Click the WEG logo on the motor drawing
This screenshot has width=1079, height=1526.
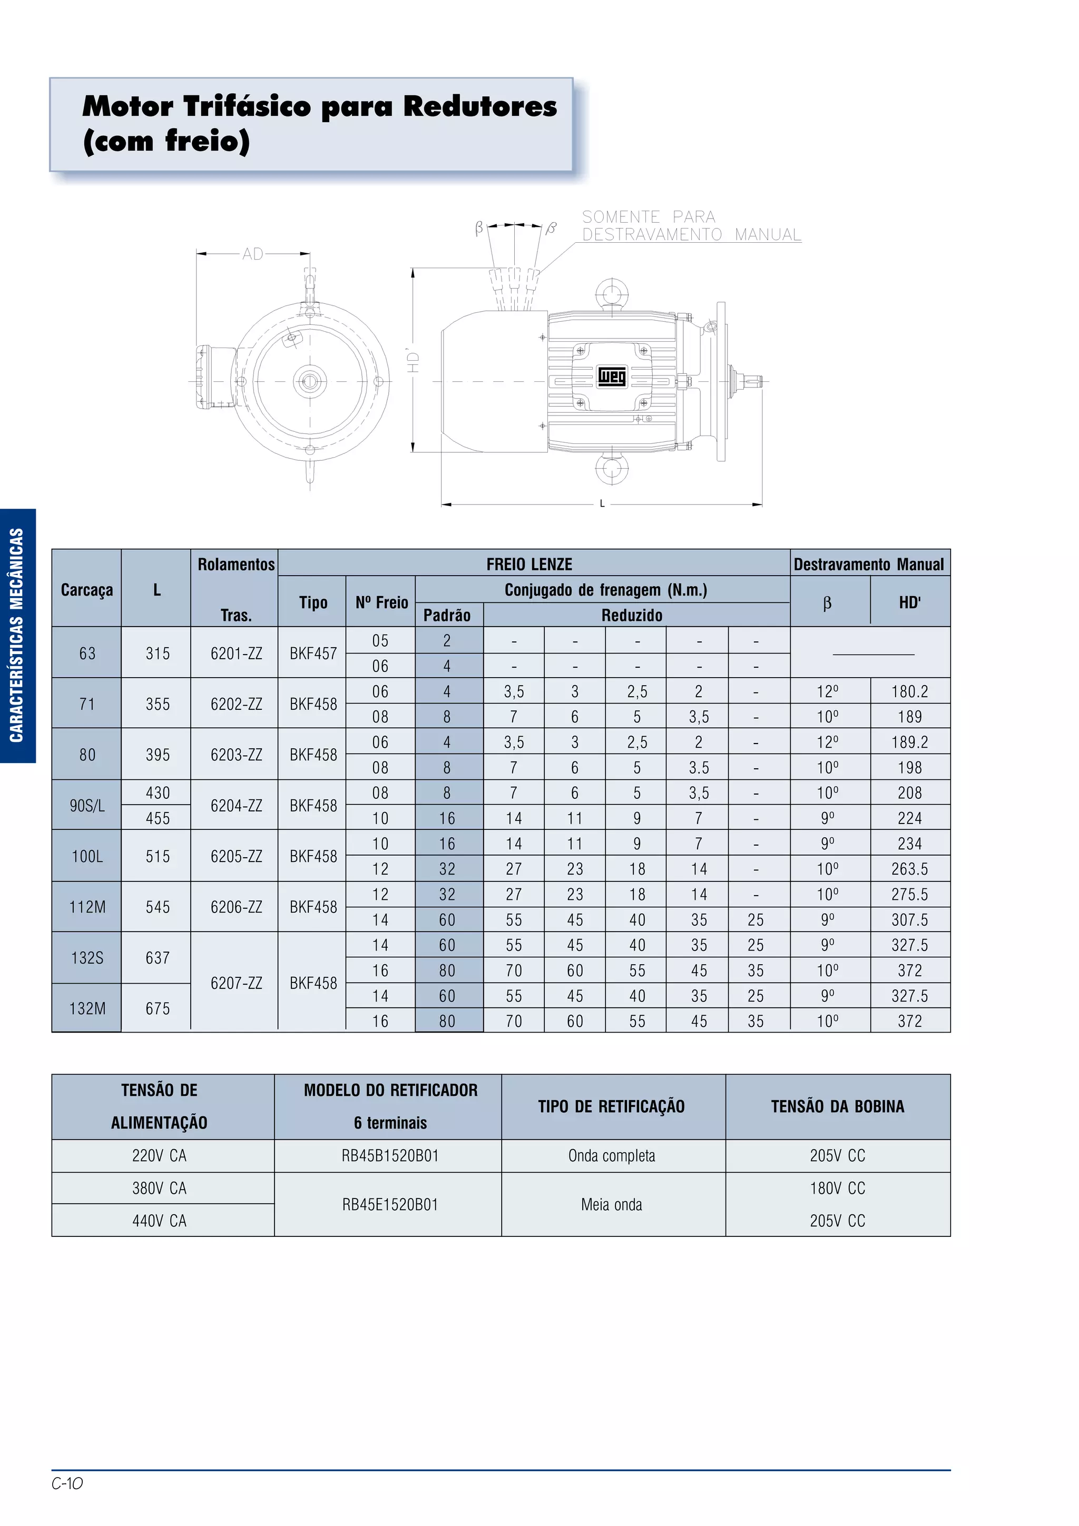click(611, 377)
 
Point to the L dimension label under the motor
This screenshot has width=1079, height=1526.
click(602, 504)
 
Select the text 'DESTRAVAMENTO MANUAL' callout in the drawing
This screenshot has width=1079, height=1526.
click(691, 235)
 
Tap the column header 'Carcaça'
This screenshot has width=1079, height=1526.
click(86, 590)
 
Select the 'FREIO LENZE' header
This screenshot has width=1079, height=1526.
click(529, 564)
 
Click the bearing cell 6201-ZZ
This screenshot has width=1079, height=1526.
click(236, 653)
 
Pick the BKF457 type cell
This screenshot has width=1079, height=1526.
click(313, 653)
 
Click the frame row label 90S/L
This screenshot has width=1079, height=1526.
click(87, 806)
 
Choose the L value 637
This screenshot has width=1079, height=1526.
click(158, 958)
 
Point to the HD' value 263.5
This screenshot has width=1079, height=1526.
click(909, 869)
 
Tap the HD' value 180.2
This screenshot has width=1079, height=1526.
click(909, 692)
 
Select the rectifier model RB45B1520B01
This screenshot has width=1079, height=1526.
click(390, 1156)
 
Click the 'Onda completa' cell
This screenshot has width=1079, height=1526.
click(612, 1156)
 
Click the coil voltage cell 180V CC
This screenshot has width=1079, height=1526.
click(837, 1188)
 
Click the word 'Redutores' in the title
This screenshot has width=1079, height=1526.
click(480, 106)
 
